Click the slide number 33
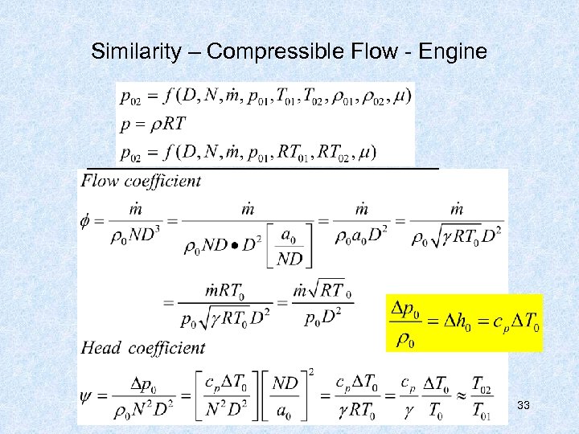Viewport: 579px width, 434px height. [524, 405]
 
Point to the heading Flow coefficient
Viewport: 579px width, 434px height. [142, 181]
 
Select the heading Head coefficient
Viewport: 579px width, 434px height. [143, 348]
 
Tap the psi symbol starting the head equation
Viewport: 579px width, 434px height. [88, 396]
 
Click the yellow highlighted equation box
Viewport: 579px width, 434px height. [466, 322]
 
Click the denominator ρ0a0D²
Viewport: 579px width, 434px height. [362, 238]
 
